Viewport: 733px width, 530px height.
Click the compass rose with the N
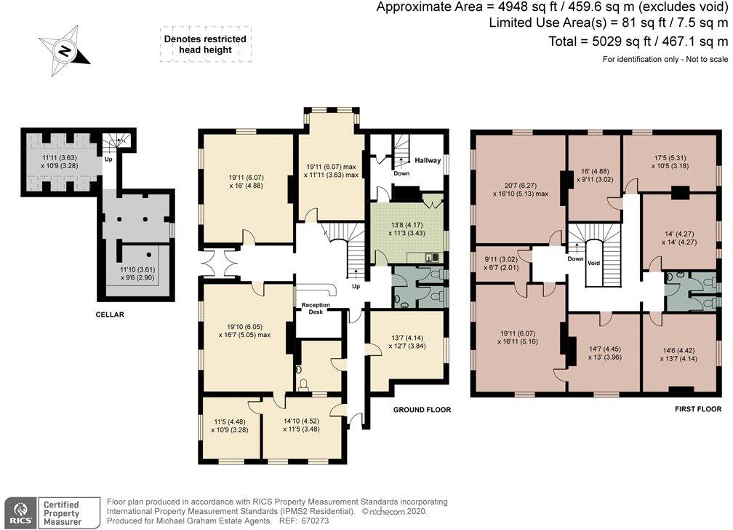pos(64,50)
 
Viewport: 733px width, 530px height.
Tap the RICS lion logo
pos(20,513)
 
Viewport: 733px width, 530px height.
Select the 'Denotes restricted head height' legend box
pos(205,44)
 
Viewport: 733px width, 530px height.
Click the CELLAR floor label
pos(110,315)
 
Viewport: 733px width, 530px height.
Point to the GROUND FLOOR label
pos(422,410)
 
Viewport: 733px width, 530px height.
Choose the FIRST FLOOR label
pos(698,408)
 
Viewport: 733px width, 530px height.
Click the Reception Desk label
pos(316,308)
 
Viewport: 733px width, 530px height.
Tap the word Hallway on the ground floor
pos(428,160)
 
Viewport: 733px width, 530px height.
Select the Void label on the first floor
pos(593,263)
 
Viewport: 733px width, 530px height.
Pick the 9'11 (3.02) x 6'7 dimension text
pos(501,264)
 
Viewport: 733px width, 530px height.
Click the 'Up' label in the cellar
pos(108,159)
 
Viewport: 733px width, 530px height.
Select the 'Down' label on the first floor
pos(575,258)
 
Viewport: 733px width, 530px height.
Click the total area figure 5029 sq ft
pos(621,41)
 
